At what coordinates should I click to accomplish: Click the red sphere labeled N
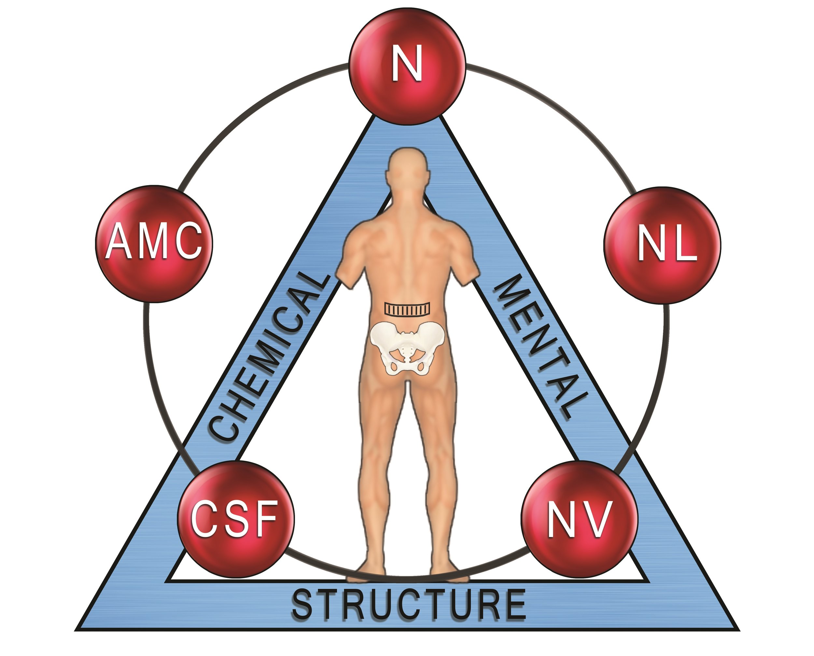pyautogui.click(x=407, y=66)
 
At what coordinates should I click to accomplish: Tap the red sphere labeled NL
pyautogui.click(x=662, y=245)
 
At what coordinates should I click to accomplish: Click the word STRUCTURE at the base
pyautogui.click(x=408, y=605)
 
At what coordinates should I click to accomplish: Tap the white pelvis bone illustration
pyautogui.click(x=407, y=348)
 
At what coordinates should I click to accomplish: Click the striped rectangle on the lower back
pyautogui.click(x=407, y=308)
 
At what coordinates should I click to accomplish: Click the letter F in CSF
pyautogui.click(x=265, y=518)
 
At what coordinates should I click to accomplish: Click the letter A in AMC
pyautogui.click(x=118, y=241)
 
